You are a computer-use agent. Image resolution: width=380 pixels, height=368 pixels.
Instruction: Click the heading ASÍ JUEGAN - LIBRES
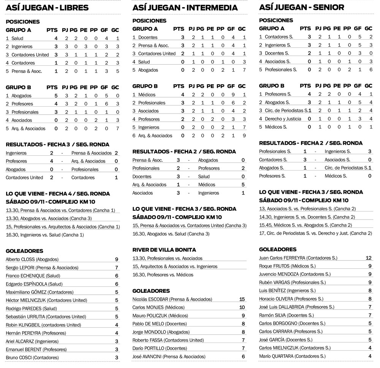pyautogui.click(x=47, y=8)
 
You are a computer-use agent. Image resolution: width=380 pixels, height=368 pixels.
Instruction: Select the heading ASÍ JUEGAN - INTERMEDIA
pyautogui.click(x=185, y=8)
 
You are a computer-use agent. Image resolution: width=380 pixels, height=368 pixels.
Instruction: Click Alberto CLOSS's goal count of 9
pyautogui.click(x=116, y=259)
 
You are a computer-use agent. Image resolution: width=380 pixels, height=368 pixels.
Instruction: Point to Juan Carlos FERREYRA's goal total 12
pyautogui.click(x=368, y=258)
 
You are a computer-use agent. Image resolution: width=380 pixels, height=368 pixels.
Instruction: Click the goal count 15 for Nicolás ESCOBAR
pyautogui.click(x=242, y=299)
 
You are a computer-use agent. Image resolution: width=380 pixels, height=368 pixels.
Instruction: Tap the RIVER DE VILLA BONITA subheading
pyautogui.click(x=164, y=250)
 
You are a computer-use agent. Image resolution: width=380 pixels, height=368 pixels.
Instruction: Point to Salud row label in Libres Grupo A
pyautogui.click(x=17, y=38)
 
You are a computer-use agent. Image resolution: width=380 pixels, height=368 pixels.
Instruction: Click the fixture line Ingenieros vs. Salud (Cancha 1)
pyautogui.click(x=45, y=235)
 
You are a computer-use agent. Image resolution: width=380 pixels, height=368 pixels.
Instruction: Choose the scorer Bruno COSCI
pyautogui.click(x=32, y=357)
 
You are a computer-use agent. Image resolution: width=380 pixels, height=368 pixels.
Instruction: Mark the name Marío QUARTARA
pyautogui.click(x=292, y=356)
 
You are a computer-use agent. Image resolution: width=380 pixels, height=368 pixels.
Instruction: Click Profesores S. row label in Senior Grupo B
pyautogui.click(x=279, y=94)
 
